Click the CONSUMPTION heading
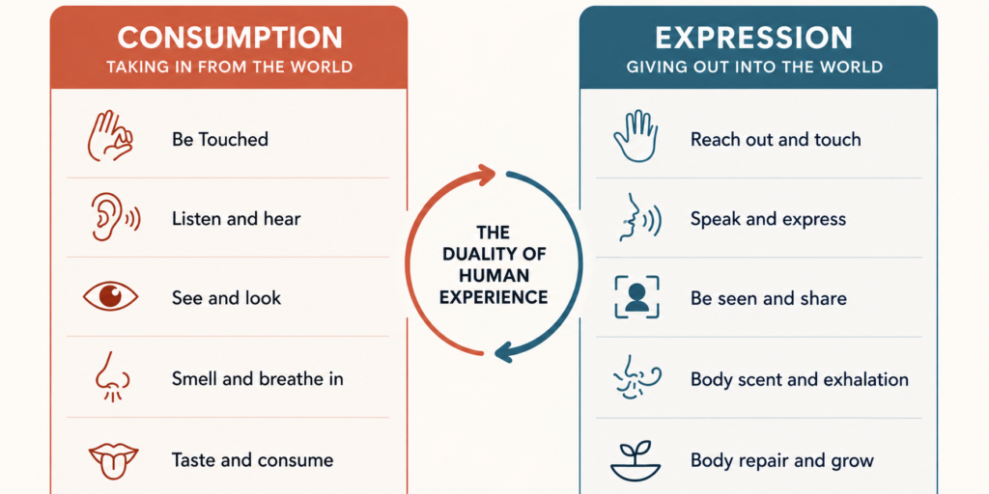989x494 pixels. point(230,38)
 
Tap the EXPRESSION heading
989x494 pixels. point(753,39)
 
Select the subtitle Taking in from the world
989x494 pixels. point(230,67)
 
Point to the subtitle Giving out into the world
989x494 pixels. point(754,67)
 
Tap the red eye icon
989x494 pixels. point(110,297)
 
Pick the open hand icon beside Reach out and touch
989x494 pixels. point(636,137)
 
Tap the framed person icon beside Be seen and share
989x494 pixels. point(636,297)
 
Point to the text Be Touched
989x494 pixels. point(220,139)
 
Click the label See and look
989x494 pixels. point(226,298)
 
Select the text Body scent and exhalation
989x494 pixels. point(800,380)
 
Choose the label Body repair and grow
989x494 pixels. point(782,460)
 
